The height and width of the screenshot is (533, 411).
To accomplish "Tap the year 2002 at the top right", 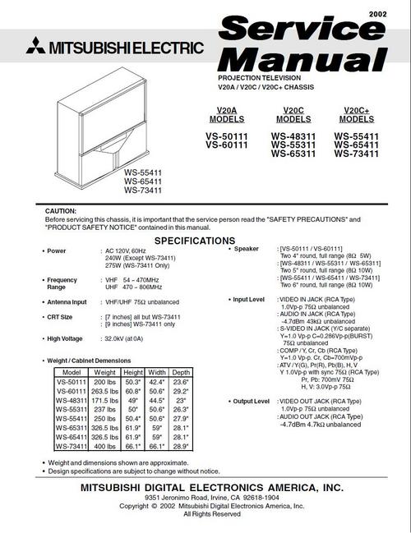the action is pyautogui.click(x=378, y=14).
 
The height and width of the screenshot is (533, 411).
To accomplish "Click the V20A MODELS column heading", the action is pyautogui.click(x=226, y=115).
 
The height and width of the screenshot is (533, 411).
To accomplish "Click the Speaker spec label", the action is pyautogui.click(x=247, y=248).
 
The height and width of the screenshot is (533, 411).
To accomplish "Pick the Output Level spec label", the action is pyautogui.click(x=250, y=402).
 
